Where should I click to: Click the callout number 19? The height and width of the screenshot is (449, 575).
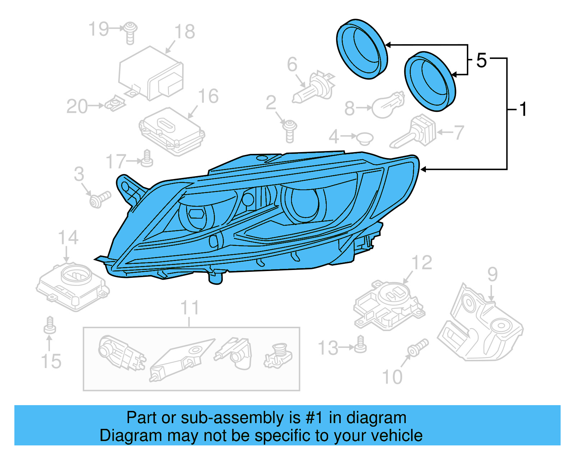(98, 29)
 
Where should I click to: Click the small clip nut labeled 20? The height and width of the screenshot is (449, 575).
(115, 105)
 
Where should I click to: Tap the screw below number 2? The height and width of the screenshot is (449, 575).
(290, 130)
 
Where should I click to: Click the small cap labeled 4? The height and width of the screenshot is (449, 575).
(364, 138)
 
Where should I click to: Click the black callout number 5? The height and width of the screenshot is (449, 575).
(482, 60)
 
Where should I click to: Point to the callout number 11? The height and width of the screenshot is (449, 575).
(189, 308)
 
